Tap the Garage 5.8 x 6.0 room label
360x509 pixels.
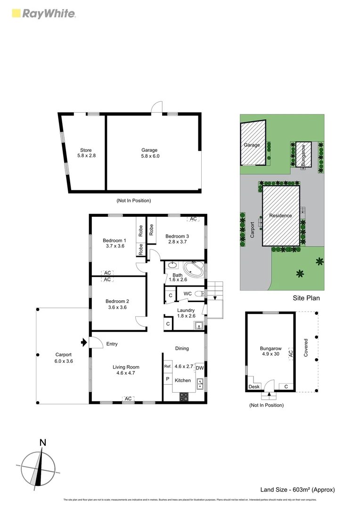click(149, 153)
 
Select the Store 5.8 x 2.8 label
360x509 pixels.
click(86, 153)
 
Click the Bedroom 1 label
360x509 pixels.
click(114, 243)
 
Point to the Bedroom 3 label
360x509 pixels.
click(177, 239)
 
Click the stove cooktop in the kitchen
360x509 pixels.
click(184, 397)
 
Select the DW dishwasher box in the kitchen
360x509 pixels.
click(199, 368)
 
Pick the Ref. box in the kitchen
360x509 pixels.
click(167, 367)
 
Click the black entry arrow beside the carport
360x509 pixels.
click(84, 342)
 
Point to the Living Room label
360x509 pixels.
click(126, 370)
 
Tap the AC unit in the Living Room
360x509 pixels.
click(128, 399)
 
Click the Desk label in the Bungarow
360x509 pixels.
click(254, 387)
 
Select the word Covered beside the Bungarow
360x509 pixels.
click(306, 347)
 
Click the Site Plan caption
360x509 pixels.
click(307, 298)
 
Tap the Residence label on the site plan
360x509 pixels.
click(280, 216)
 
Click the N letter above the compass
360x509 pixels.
click(42, 443)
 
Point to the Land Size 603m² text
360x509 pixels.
click(297, 490)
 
